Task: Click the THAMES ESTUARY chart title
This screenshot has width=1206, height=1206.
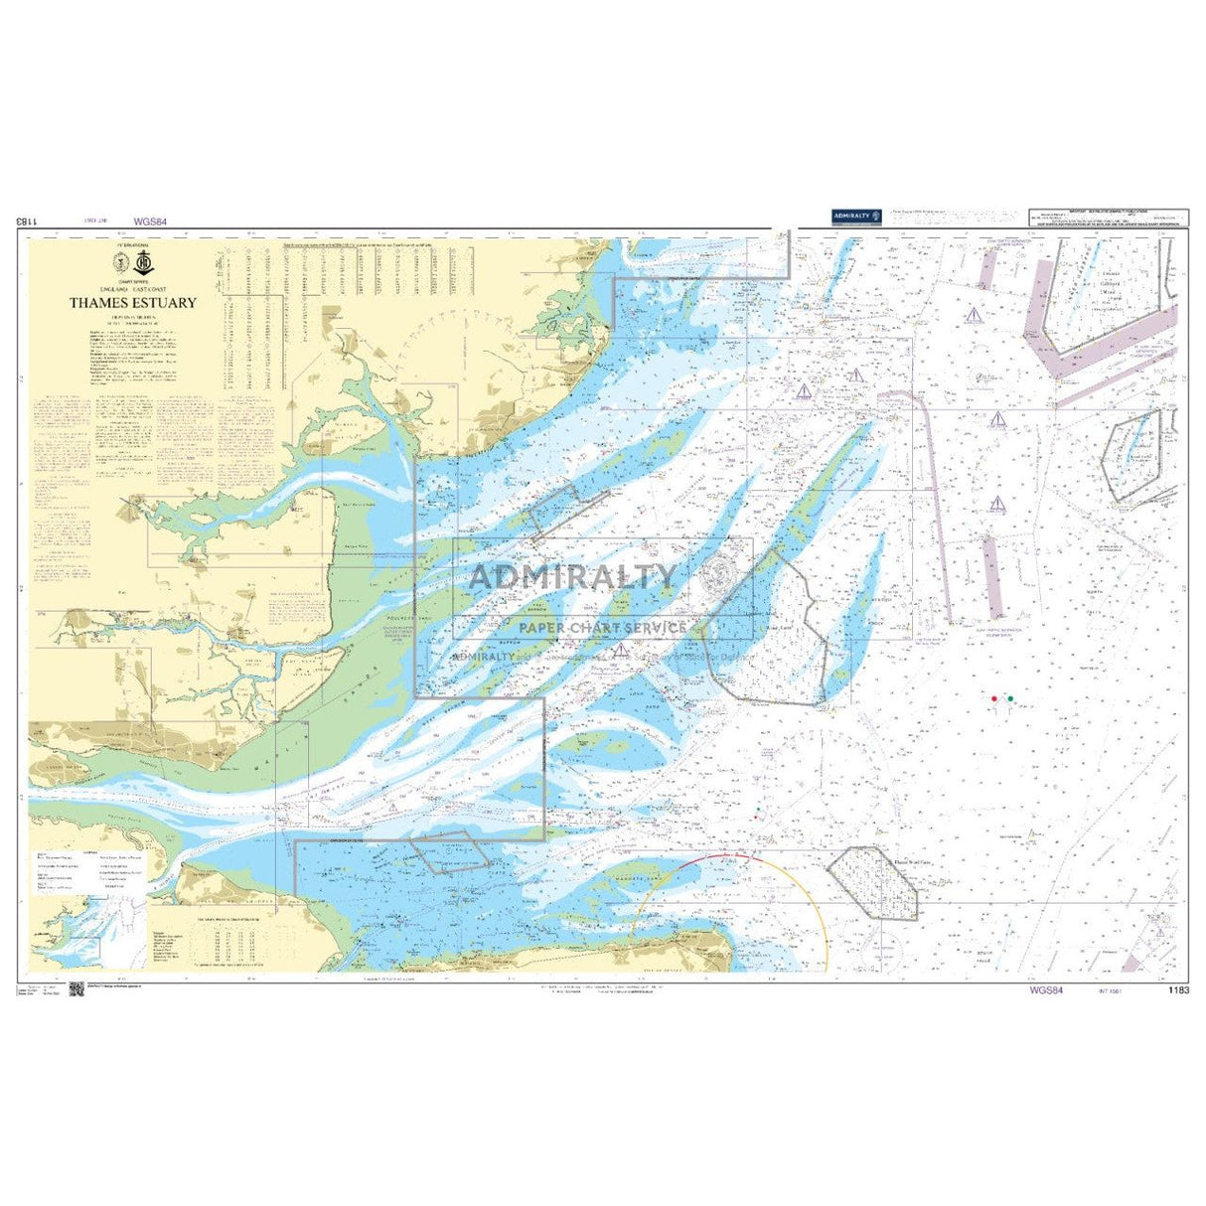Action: click(x=132, y=303)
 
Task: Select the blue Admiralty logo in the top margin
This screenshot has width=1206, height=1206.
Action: click(x=853, y=216)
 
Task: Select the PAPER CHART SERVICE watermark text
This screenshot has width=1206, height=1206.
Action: click(x=602, y=627)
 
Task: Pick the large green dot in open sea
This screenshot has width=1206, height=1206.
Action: click(x=1010, y=699)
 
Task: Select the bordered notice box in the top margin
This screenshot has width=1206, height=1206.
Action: click(x=1108, y=219)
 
